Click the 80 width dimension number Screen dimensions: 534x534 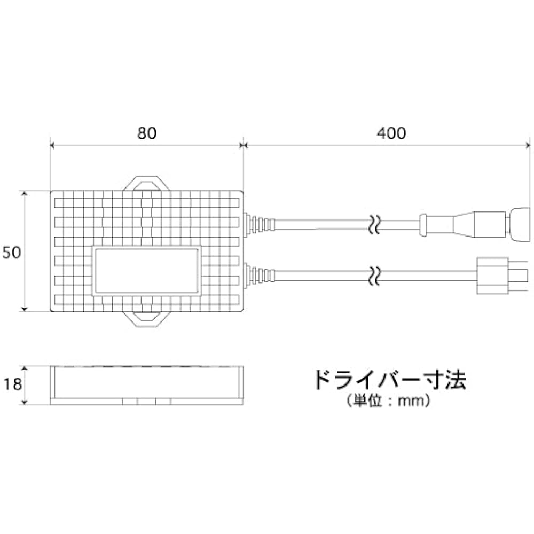point(147,133)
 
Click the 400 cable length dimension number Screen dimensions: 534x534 point(391,133)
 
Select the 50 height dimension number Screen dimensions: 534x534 point(12,253)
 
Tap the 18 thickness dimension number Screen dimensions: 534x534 point(13,384)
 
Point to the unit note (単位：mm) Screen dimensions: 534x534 point(389,401)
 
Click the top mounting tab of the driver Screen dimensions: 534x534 point(146,184)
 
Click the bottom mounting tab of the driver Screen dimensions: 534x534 point(146,319)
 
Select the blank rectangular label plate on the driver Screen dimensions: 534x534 point(146,271)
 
